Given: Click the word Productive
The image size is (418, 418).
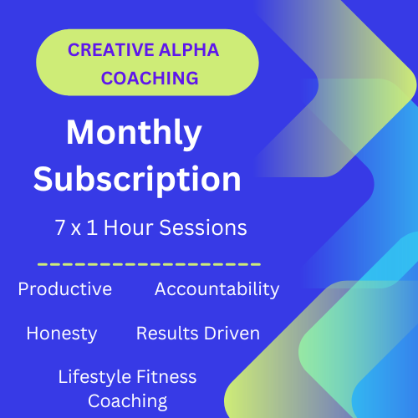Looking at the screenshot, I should pos(64,289).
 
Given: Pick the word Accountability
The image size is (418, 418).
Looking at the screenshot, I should pos(217,289).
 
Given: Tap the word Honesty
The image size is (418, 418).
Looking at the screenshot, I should pos(62,333).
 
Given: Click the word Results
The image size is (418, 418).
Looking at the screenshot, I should pos(166,333).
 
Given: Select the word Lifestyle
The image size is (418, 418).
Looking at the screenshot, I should pos(92,377).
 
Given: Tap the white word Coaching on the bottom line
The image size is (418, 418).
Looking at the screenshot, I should pos(127,400).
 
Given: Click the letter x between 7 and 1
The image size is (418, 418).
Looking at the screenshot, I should pos(75,228).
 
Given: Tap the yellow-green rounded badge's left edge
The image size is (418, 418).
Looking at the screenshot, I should pos(38,63).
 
